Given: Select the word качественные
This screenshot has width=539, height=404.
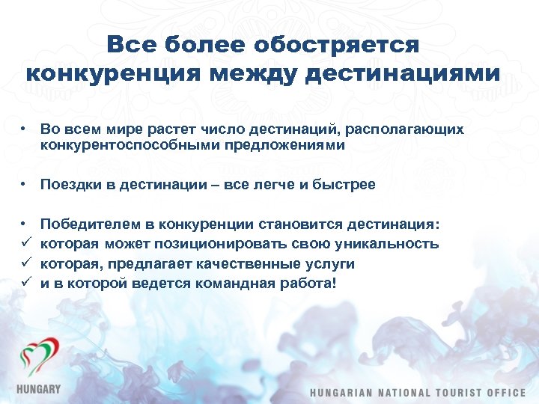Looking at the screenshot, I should click(x=237, y=263).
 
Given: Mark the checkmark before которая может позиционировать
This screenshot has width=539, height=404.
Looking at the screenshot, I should click(x=25, y=244).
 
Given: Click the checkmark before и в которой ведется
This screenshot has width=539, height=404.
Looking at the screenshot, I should click(x=25, y=283).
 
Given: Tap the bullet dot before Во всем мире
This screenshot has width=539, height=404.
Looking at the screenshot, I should click(x=25, y=129).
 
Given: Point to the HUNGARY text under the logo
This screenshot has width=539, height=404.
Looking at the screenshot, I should click(x=38, y=390).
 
